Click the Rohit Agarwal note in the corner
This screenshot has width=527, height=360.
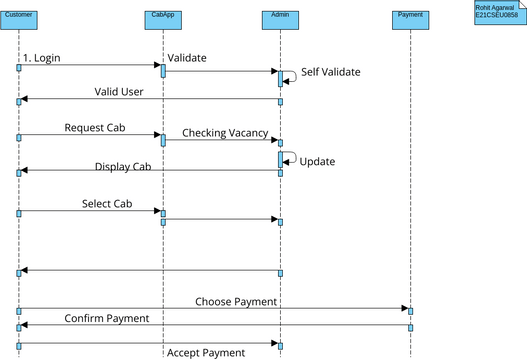(x=497, y=12)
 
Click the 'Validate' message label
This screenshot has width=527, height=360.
(x=187, y=58)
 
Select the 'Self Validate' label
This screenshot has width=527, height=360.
(x=330, y=72)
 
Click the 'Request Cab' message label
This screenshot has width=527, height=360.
(x=94, y=128)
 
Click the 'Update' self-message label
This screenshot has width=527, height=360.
(x=317, y=161)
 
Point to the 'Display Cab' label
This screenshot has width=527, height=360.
(x=122, y=167)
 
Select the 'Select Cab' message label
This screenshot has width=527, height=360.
(x=107, y=204)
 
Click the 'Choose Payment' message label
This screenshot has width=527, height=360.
(x=236, y=301)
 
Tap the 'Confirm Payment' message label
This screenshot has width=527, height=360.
(x=107, y=318)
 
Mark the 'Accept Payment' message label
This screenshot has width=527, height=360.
(x=205, y=352)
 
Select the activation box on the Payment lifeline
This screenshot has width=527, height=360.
(x=410, y=311)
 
